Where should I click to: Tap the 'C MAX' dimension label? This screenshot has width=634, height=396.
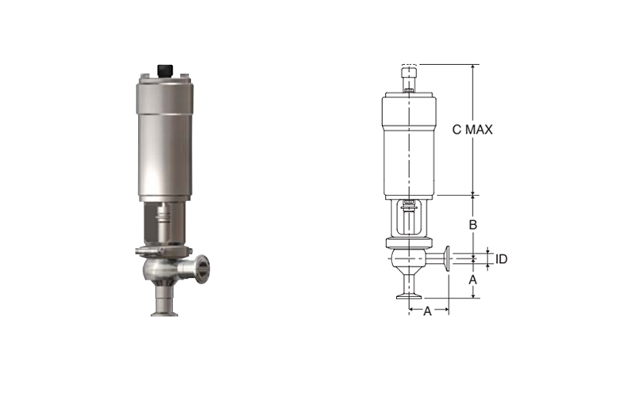[472, 130]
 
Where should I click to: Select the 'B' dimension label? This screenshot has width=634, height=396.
[472, 225]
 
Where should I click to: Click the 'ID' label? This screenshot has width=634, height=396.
[502, 259]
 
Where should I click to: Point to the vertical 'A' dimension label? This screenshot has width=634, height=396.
[472, 280]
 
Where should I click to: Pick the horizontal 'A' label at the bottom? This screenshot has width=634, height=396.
[427, 311]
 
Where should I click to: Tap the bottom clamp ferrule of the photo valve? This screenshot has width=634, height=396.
[165, 312]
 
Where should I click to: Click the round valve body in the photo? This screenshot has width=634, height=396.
[158, 268]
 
